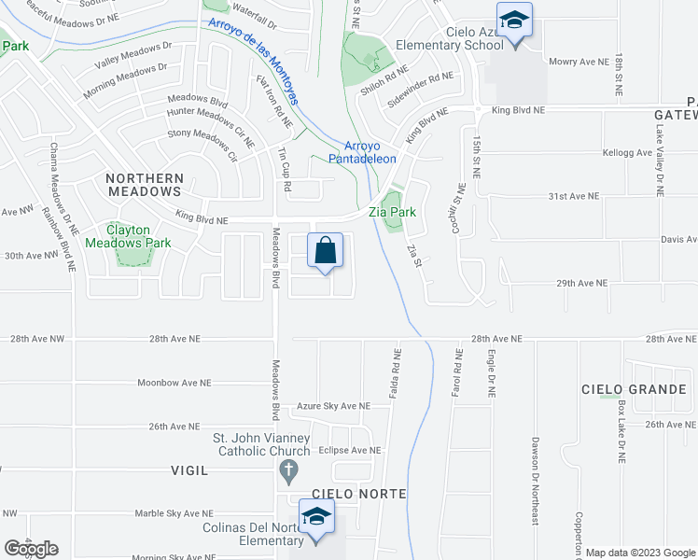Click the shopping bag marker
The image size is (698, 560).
(325, 251)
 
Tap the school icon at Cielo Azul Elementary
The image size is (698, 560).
(513, 19)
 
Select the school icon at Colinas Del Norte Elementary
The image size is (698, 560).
(317, 517)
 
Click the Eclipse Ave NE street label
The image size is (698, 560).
(349, 450)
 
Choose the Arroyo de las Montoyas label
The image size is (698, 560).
(253, 61)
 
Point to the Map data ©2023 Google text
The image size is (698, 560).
(639, 553)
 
